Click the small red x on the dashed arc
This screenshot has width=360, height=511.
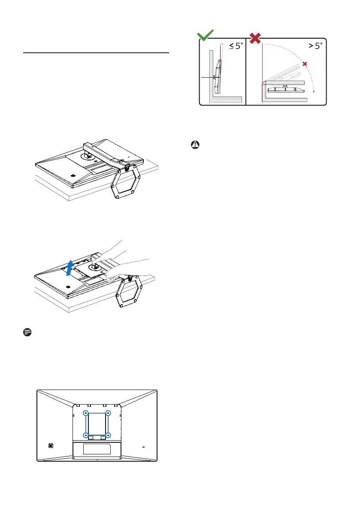point(305,64)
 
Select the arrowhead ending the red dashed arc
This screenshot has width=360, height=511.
point(314,91)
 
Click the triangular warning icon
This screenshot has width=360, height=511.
point(194,145)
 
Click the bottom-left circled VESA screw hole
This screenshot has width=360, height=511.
point(86,435)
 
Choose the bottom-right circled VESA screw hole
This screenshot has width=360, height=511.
point(109,435)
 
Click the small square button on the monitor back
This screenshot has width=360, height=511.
point(51,445)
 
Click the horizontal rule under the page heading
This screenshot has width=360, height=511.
point(96,53)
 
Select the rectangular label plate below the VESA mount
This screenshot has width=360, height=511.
point(97,449)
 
